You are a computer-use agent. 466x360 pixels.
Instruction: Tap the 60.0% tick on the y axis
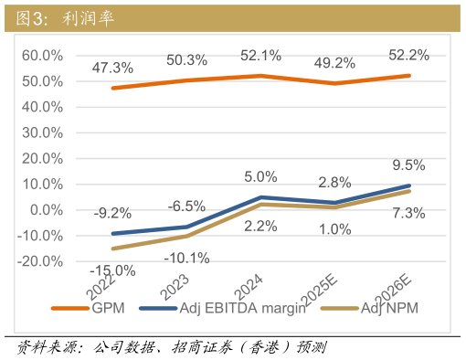tap(42, 55)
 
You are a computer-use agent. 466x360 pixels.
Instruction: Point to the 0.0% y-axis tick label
tap(46, 209)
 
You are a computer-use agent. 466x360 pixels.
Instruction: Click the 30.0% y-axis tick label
tap(42, 132)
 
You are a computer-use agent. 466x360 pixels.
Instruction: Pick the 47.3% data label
tap(113, 68)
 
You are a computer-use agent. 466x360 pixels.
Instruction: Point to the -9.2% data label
tap(113, 214)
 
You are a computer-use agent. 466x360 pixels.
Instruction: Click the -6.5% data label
tap(186, 206)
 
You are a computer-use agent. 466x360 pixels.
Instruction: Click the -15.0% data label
tap(112, 270)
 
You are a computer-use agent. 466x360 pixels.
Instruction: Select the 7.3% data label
tap(408, 214)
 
